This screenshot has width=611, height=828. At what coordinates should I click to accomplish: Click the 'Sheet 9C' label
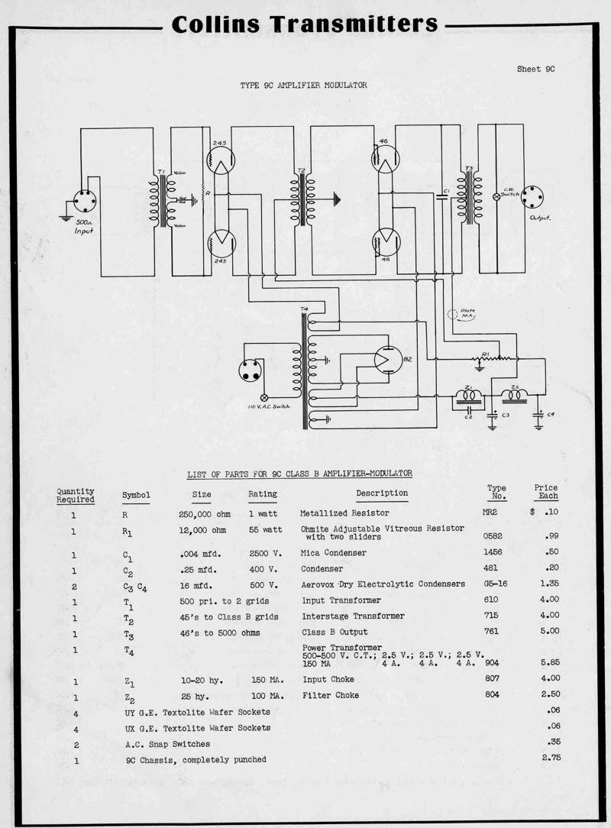[x=535, y=69]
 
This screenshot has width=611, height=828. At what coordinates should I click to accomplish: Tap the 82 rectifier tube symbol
[x=388, y=359]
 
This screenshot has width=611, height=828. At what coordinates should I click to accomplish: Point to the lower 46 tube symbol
[x=385, y=242]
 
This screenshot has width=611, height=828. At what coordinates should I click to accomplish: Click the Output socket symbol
[x=530, y=196]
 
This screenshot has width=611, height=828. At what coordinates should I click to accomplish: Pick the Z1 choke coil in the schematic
[x=468, y=396]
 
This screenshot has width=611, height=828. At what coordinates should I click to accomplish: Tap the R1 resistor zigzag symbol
[x=499, y=357]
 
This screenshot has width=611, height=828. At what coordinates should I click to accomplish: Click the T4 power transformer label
[x=305, y=309]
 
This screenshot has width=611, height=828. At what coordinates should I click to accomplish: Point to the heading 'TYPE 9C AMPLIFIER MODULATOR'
[x=303, y=86]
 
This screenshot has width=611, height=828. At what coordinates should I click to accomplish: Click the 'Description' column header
[x=382, y=493]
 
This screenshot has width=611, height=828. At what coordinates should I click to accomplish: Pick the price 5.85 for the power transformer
[x=550, y=662]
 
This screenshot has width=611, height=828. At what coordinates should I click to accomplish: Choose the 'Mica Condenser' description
[x=334, y=552]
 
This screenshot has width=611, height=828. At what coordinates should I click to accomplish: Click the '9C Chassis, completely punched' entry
[x=196, y=759]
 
